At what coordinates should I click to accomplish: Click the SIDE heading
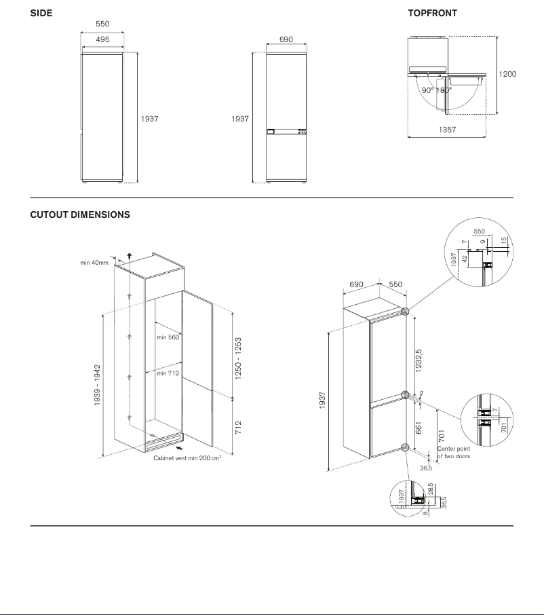point(41,13)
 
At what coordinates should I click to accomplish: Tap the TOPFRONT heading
point(432,13)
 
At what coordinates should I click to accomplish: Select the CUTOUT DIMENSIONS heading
point(80,215)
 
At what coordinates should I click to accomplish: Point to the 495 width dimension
point(102,39)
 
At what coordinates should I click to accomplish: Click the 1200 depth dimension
point(507,73)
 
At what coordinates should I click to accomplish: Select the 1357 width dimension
point(447,128)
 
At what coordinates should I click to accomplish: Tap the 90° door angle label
point(427,90)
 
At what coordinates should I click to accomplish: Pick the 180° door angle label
point(444,90)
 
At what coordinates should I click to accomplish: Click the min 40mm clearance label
point(94,263)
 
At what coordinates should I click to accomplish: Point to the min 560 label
point(168,337)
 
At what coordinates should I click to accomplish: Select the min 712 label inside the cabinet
point(168,373)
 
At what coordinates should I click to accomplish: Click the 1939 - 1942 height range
point(98,386)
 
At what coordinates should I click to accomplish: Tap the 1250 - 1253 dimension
point(239,358)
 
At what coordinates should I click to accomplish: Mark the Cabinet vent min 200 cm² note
point(187,458)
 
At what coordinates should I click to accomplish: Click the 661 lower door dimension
point(419,427)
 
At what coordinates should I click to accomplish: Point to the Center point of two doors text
point(454,452)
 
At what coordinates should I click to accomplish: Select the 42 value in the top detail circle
point(464,258)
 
